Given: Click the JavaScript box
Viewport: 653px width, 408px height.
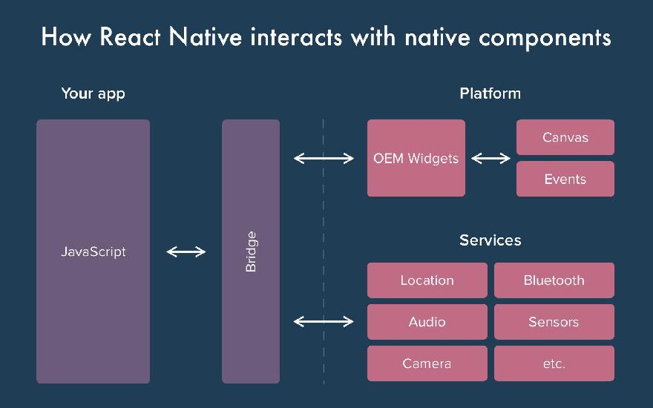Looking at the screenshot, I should click(x=93, y=251).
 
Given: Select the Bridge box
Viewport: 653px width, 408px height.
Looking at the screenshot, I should click(x=251, y=251).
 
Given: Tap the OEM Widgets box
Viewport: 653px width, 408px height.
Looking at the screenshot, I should click(x=416, y=158).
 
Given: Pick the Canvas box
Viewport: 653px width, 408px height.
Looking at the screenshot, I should click(x=565, y=137).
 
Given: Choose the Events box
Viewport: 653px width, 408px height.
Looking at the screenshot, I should click(x=565, y=179).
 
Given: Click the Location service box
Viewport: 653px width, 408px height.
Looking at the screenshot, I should click(x=427, y=280).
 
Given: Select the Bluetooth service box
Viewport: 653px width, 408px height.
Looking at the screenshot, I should click(x=554, y=280).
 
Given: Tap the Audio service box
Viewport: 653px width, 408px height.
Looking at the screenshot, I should click(x=427, y=322).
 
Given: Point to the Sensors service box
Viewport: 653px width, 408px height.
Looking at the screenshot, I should click(x=554, y=322).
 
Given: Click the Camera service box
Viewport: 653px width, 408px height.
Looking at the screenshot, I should click(x=427, y=363).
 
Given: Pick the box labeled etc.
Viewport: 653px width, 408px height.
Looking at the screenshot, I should click(x=554, y=363).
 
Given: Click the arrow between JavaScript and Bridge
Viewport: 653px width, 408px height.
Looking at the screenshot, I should click(x=186, y=252).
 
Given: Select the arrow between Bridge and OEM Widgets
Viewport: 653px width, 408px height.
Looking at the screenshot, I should click(x=324, y=158).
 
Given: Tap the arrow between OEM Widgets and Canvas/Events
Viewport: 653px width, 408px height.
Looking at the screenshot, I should click(x=491, y=158).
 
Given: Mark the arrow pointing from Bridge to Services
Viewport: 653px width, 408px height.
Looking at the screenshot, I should click(x=324, y=321).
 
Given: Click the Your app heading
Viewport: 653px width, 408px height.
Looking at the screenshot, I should click(x=93, y=93).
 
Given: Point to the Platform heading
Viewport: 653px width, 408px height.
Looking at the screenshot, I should click(x=490, y=93).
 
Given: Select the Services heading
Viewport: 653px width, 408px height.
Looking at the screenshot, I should click(x=490, y=240).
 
